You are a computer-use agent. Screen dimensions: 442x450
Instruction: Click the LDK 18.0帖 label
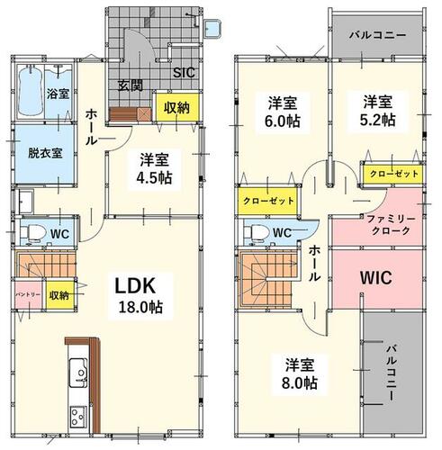[x=140, y=296]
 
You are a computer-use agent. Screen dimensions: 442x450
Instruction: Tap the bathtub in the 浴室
[x=30, y=91]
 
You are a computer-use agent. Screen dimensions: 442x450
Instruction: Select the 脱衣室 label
[x=45, y=153]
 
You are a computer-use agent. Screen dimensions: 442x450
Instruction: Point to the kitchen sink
[x=78, y=373]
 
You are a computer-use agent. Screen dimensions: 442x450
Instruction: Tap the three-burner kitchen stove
[x=78, y=418]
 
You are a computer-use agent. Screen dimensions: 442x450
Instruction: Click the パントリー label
[x=28, y=294]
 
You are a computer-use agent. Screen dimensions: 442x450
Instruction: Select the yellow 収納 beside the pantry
[x=59, y=295]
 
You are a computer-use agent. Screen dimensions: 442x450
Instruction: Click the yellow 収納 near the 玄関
[x=176, y=107]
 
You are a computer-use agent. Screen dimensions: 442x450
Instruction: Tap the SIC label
[x=184, y=73]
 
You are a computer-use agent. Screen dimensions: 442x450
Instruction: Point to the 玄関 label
[x=130, y=85]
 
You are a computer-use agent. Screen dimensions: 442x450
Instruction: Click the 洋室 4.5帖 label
[x=154, y=169]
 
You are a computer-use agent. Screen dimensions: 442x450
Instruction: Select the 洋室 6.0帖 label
[x=283, y=112]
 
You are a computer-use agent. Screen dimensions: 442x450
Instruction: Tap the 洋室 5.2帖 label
[x=377, y=111]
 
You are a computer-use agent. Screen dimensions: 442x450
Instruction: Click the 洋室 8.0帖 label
[x=300, y=373]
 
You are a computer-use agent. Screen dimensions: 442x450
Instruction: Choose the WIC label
[x=376, y=278]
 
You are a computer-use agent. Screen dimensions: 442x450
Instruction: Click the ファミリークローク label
[x=391, y=225]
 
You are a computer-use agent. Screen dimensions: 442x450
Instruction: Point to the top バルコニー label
[x=378, y=35]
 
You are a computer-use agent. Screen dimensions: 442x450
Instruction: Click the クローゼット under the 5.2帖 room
[x=393, y=174]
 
